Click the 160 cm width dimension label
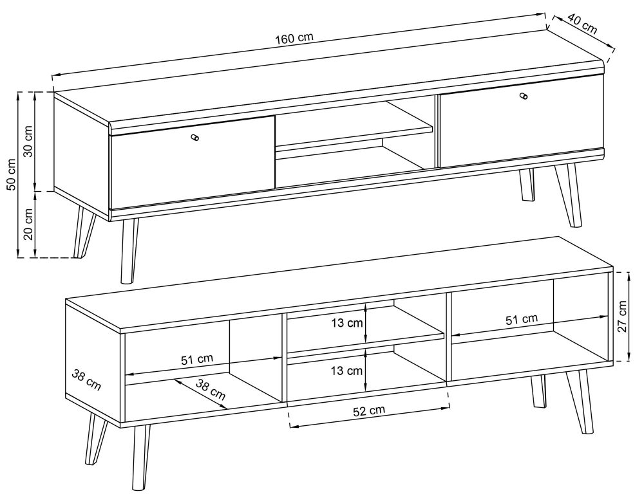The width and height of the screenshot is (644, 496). [x=294, y=38]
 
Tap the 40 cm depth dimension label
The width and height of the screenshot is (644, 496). [x=582, y=23]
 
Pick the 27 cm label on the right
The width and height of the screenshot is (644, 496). [x=623, y=317]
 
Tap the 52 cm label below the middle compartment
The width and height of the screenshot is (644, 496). [x=369, y=410]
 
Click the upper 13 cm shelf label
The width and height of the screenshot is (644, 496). [x=348, y=323]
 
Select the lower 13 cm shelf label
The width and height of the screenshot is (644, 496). [x=348, y=371]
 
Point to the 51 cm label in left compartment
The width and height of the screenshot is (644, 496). [x=197, y=359]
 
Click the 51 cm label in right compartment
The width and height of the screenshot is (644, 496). [x=521, y=319]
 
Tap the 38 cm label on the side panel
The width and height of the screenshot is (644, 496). [x=86, y=380]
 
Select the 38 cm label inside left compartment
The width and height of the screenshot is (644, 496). [x=211, y=390]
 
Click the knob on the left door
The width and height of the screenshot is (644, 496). [x=195, y=138]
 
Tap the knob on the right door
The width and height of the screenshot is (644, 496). [x=523, y=96]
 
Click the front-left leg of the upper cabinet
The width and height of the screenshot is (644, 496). [x=128, y=250]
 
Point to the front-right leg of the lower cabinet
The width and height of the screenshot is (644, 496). [x=580, y=401]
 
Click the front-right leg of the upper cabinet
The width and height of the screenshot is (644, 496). [x=568, y=195]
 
